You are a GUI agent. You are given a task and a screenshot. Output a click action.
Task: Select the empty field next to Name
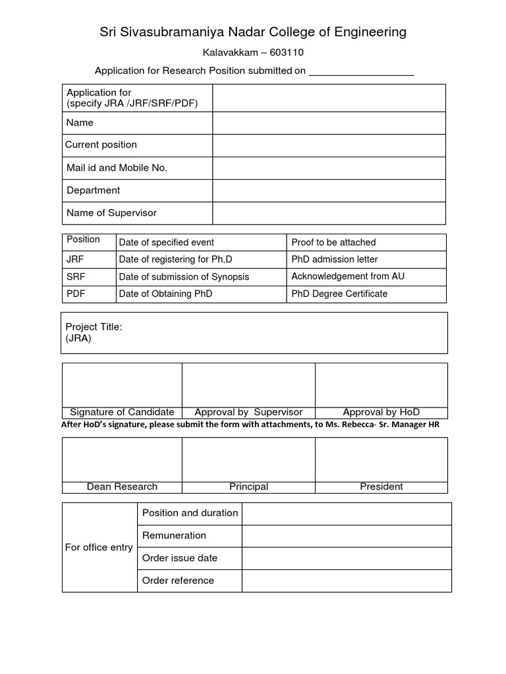pyautogui.click(x=329, y=123)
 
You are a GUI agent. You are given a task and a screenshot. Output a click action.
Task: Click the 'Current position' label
pyautogui.click(x=101, y=145)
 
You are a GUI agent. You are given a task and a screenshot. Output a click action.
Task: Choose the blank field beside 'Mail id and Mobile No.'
pyautogui.click(x=329, y=168)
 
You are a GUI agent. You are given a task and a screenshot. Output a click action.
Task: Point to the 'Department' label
pyautogui.click(x=94, y=190)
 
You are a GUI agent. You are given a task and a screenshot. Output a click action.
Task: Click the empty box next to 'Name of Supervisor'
pyautogui.click(x=329, y=213)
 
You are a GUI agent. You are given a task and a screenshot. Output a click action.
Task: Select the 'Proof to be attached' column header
pyautogui.click(x=333, y=242)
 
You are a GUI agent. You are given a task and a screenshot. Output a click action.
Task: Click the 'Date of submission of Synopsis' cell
pyautogui.click(x=184, y=276)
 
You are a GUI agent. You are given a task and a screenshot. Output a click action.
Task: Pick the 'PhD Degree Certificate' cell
pyautogui.click(x=339, y=294)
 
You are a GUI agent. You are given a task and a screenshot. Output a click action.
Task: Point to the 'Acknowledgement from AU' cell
pyautogui.click(x=348, y=276)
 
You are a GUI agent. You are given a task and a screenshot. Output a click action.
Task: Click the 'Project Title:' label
pyautogui.click(x=94, y=327)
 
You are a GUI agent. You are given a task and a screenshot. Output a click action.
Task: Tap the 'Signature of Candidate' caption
pyautogui.click(x=122, y=412)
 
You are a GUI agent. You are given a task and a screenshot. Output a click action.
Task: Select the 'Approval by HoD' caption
pyautogui.click(x=381, y=412)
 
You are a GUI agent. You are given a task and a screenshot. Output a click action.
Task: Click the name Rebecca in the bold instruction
pyautogui.click(x=357, y=425)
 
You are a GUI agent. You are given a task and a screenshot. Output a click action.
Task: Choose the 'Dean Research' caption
pyautogui.click(x=122, y=486)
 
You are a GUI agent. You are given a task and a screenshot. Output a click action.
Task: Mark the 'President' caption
pyautogui.click(x=381, y=486)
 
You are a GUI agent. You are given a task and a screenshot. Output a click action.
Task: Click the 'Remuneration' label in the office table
pyautogui.click(x=174, y=535)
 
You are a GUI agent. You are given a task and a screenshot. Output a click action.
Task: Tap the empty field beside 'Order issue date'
pyautogui.click(x=347, y=557)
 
